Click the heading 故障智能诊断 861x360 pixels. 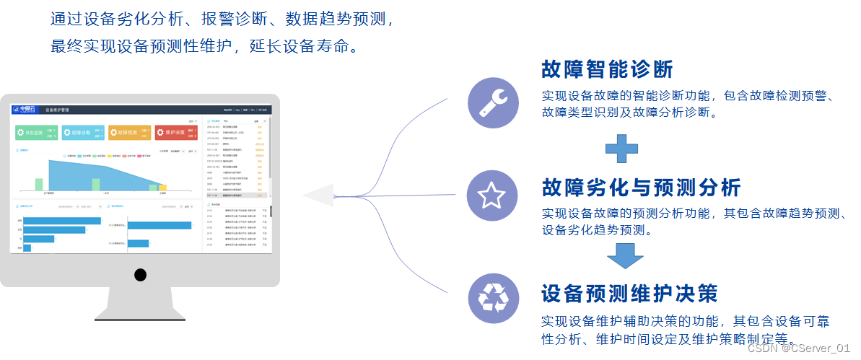[x=607, y=69]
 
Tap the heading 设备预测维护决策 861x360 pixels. [x=629, y=294]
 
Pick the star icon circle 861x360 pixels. [x=492, y=196]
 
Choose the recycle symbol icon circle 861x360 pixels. [x=493, y=297]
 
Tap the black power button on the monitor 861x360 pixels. [x=140, y=274]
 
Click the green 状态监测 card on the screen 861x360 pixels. [x=37, y=133]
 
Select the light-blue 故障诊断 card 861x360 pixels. [x=83, y=133]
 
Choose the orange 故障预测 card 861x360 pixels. [x=129, y=133]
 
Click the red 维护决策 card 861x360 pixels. [x=176, y=133]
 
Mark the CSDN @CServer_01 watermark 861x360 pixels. [x=799, y=348]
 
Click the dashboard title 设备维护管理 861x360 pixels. [x=57, y=110]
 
